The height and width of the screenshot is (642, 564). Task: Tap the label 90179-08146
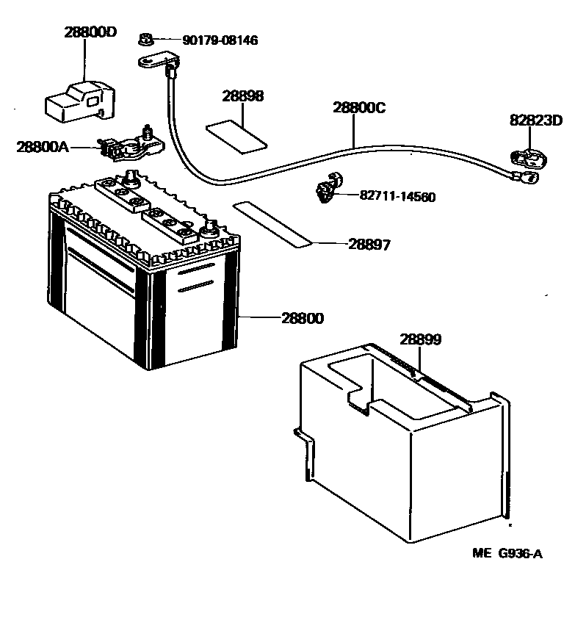(210, 40)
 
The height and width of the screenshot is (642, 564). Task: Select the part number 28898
(243, 96)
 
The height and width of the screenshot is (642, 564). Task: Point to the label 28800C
(359, 107)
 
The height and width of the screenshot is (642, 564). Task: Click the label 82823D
(536, 120)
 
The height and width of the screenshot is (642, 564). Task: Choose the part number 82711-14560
(397, 197)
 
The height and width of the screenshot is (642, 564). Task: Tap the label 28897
(369, 245)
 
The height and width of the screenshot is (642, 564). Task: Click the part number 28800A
(43, 147)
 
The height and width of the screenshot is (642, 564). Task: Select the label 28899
(421, 339)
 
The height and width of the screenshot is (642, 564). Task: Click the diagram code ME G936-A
(507, 555)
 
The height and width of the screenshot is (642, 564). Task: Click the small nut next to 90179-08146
(145, 39)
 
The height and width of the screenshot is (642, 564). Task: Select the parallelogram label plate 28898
(235, 135)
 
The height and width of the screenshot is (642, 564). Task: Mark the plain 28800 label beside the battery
(302, 318)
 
